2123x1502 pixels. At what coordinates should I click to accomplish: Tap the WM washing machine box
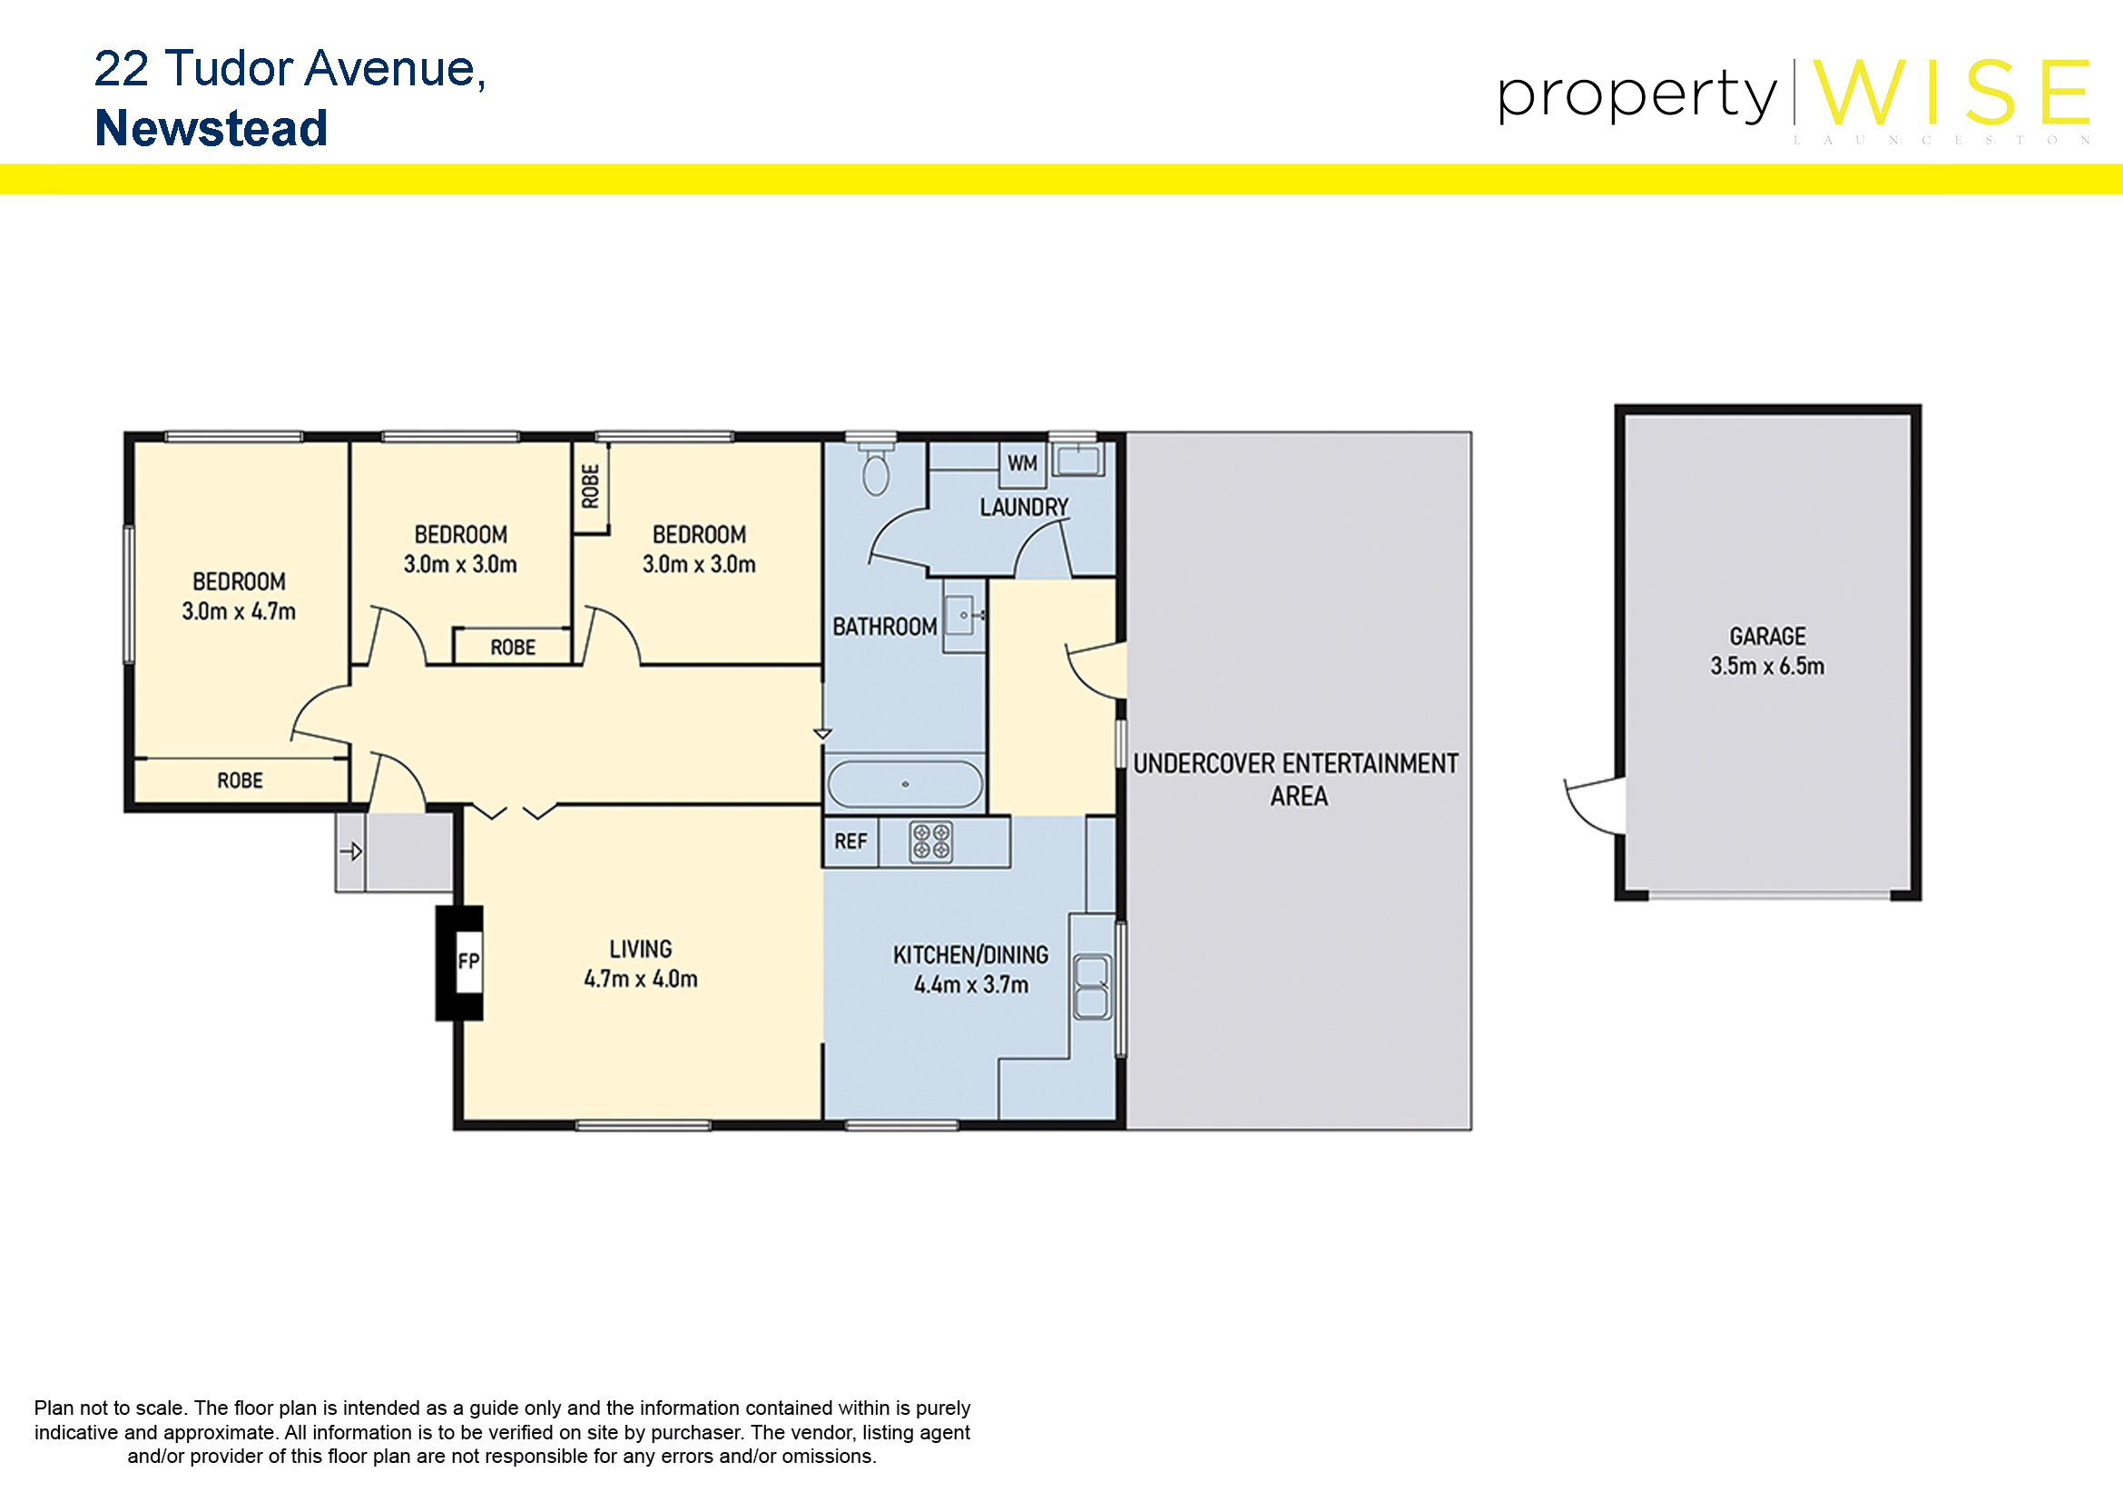click(x=1022, y=464)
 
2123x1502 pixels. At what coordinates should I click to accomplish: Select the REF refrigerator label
click(x=850, y=842)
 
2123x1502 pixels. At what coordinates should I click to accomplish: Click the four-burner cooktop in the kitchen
click(x=931, y=842)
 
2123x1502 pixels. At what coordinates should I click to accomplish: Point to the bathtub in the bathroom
click(x=905, y=785)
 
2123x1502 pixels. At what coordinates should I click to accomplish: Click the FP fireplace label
click(x=468, y=962)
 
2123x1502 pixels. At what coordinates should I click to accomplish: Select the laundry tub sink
click(x=1078, y=459)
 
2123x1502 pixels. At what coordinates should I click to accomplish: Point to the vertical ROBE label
click(x=590, y=487)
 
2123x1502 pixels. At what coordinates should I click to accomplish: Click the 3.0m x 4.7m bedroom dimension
click(x=239, y=611)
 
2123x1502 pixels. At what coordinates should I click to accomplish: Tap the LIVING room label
click(x=641, y=949)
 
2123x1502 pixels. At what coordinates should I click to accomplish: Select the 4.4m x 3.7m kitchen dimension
click(x=971, y=985)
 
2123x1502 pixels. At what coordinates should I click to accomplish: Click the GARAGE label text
click(x=1767, y=637)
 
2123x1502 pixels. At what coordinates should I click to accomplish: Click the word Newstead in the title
click(x=211, y=129)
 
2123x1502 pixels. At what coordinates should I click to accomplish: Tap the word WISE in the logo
click(x=1951, y=93)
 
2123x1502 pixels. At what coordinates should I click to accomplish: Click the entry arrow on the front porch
click(x=351, y=851)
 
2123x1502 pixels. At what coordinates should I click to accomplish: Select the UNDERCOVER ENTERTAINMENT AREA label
click(x=1296, y=780)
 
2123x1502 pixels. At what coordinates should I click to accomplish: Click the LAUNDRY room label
click(x=1024, y=507)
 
